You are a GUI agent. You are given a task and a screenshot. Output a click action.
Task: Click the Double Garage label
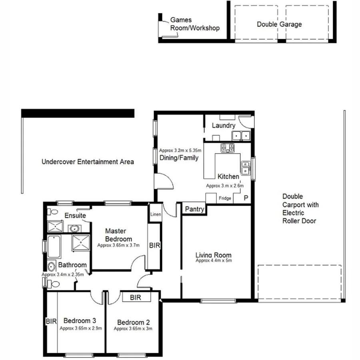point(279,24)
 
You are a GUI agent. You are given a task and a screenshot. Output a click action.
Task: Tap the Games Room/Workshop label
point(195,24)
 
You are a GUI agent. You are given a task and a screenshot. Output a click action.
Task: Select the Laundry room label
point(223,126)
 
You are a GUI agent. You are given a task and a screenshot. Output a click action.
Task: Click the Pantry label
point(195,209)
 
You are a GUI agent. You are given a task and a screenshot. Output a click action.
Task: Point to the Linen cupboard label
point(156,214)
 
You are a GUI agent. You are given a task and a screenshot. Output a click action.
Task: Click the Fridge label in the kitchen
point(225,198)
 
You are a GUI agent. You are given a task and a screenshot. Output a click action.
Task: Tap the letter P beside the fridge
point(245,198)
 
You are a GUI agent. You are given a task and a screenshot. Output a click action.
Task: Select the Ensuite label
point(76,216)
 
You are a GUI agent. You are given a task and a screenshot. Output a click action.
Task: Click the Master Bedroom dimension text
point(118,245)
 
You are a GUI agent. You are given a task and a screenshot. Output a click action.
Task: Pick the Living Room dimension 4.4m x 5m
point(214,260)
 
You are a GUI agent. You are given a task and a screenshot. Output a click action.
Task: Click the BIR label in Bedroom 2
point(136,297)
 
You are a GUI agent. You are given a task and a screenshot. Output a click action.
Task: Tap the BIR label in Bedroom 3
point(51,321)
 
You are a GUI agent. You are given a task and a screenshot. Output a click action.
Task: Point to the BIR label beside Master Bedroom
point(154,245)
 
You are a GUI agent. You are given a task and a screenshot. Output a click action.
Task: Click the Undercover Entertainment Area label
point(88,162)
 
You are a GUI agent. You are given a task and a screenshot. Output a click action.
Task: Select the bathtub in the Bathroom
point(54,247)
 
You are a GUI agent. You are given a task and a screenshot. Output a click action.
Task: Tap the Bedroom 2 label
point(133,322)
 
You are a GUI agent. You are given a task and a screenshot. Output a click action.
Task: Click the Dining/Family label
point(179,158)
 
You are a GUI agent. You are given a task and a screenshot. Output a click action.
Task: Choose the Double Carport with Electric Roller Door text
point(300,208)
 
